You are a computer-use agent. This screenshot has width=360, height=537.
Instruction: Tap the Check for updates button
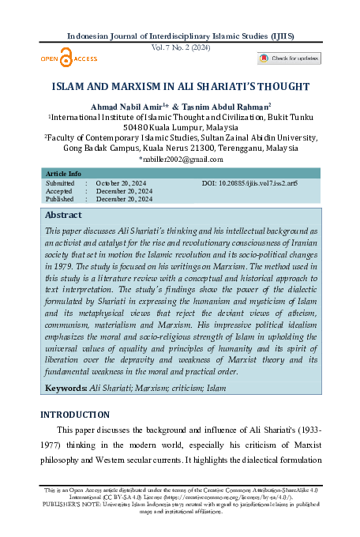point(289,58)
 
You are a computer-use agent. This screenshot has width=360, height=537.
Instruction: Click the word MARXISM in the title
point(143,87)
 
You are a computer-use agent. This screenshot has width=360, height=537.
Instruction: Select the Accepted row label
point(59,191)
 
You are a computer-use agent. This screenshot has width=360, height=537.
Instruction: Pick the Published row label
point(60,199)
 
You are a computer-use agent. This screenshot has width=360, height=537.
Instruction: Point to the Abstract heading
point(63,215)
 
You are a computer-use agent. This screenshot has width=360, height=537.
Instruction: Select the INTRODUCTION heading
point(74,415)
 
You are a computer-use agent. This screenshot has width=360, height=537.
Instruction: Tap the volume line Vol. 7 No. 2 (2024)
point(180,48)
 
